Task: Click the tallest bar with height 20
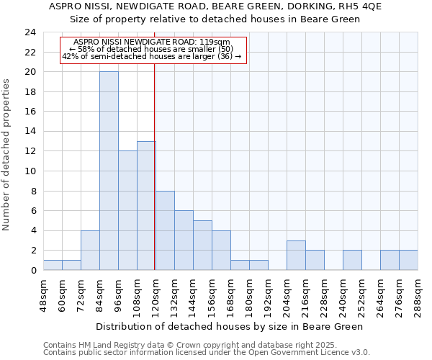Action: click(109, 171)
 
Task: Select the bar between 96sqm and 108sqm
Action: click(127, 210)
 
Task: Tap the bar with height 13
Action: click(146, 205)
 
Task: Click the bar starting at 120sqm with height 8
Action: click(165, 230)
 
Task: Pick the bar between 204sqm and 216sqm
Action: click(296, 255)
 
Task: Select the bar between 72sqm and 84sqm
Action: click(90, 250)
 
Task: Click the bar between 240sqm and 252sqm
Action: click(352, 260)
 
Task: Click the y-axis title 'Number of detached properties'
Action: click(7, 155)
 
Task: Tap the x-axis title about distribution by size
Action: click(229, 326)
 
